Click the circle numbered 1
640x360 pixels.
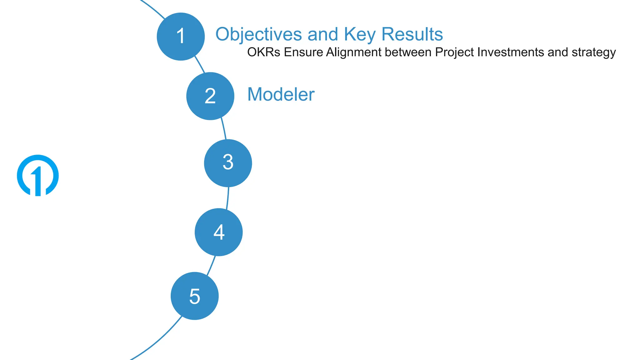coord(181,37)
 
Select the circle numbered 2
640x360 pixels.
coord(210,96)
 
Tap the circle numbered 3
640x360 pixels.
coord(228,163)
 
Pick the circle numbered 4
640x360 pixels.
coord(218,232)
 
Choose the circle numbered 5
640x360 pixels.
coord(194,296)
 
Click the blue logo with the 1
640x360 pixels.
coord(38,175)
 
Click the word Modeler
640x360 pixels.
coord(281,94)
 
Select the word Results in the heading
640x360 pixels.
coord(412,34)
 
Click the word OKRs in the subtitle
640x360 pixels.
coord(264,52)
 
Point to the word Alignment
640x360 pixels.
coord(353,52)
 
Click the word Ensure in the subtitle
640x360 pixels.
coord(303,52)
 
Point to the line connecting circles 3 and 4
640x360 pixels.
coord(227,198)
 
